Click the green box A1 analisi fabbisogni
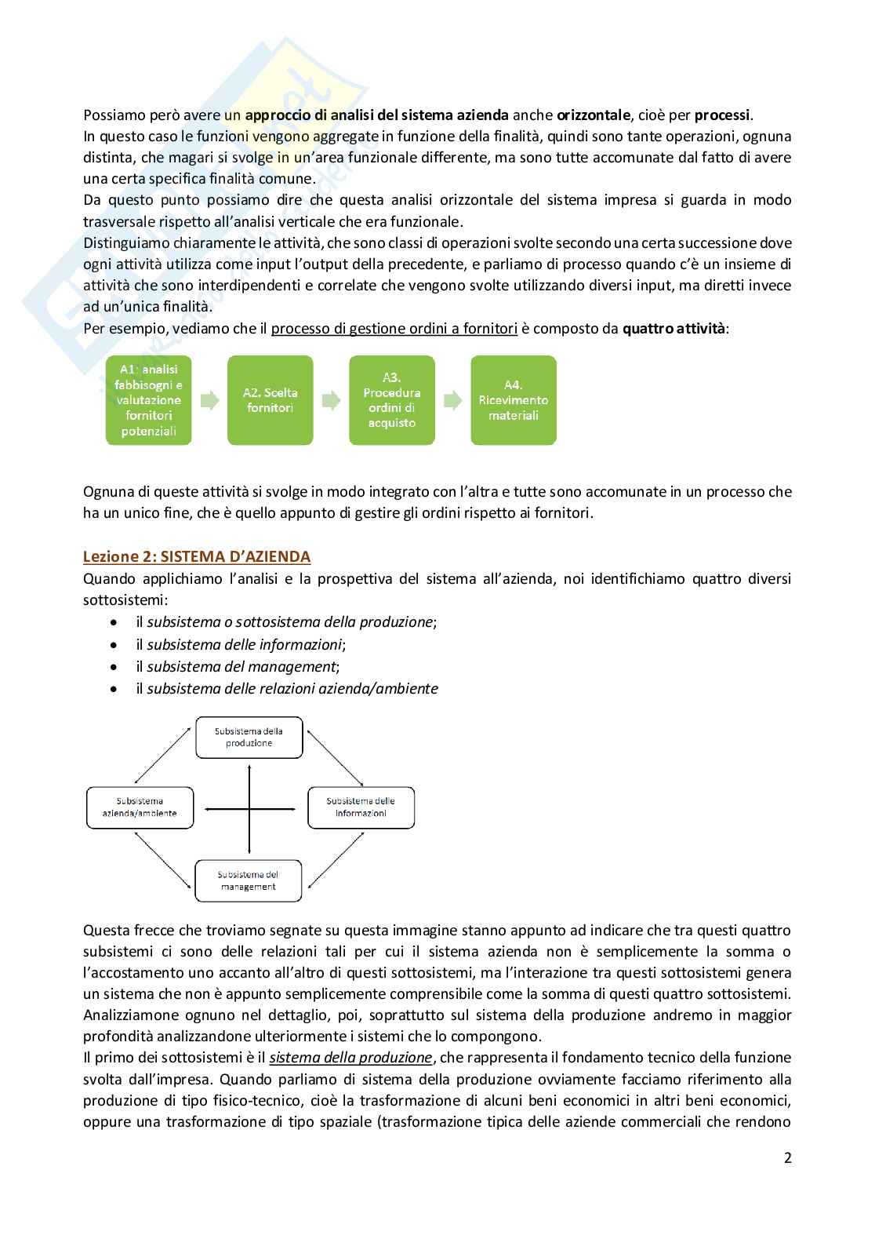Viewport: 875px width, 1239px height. click(149, 400)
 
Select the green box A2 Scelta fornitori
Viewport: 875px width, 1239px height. click(270, 400)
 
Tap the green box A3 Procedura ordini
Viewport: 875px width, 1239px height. click(392, 400)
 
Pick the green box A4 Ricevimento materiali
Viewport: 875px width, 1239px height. click(514, 400)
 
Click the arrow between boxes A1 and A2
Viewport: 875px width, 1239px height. click(209, 400)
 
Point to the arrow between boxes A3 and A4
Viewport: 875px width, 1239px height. click(452, 400)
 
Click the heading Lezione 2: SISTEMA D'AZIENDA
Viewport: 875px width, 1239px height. click(197, 556)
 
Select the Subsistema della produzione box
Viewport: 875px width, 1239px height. click(249, 737)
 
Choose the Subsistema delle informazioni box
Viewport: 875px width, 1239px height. click(361, 807)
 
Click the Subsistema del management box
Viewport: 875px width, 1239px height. click(248, 880)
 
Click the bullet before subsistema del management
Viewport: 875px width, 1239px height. click(115, 667)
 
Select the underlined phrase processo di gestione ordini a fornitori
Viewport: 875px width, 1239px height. click(394, 329)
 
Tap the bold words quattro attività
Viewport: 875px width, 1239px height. click(673, 329)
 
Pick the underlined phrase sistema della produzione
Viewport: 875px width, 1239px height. click(350, 1057)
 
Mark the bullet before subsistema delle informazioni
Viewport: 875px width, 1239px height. click(115, 645)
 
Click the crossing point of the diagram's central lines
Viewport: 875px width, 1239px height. click(249, 807)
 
